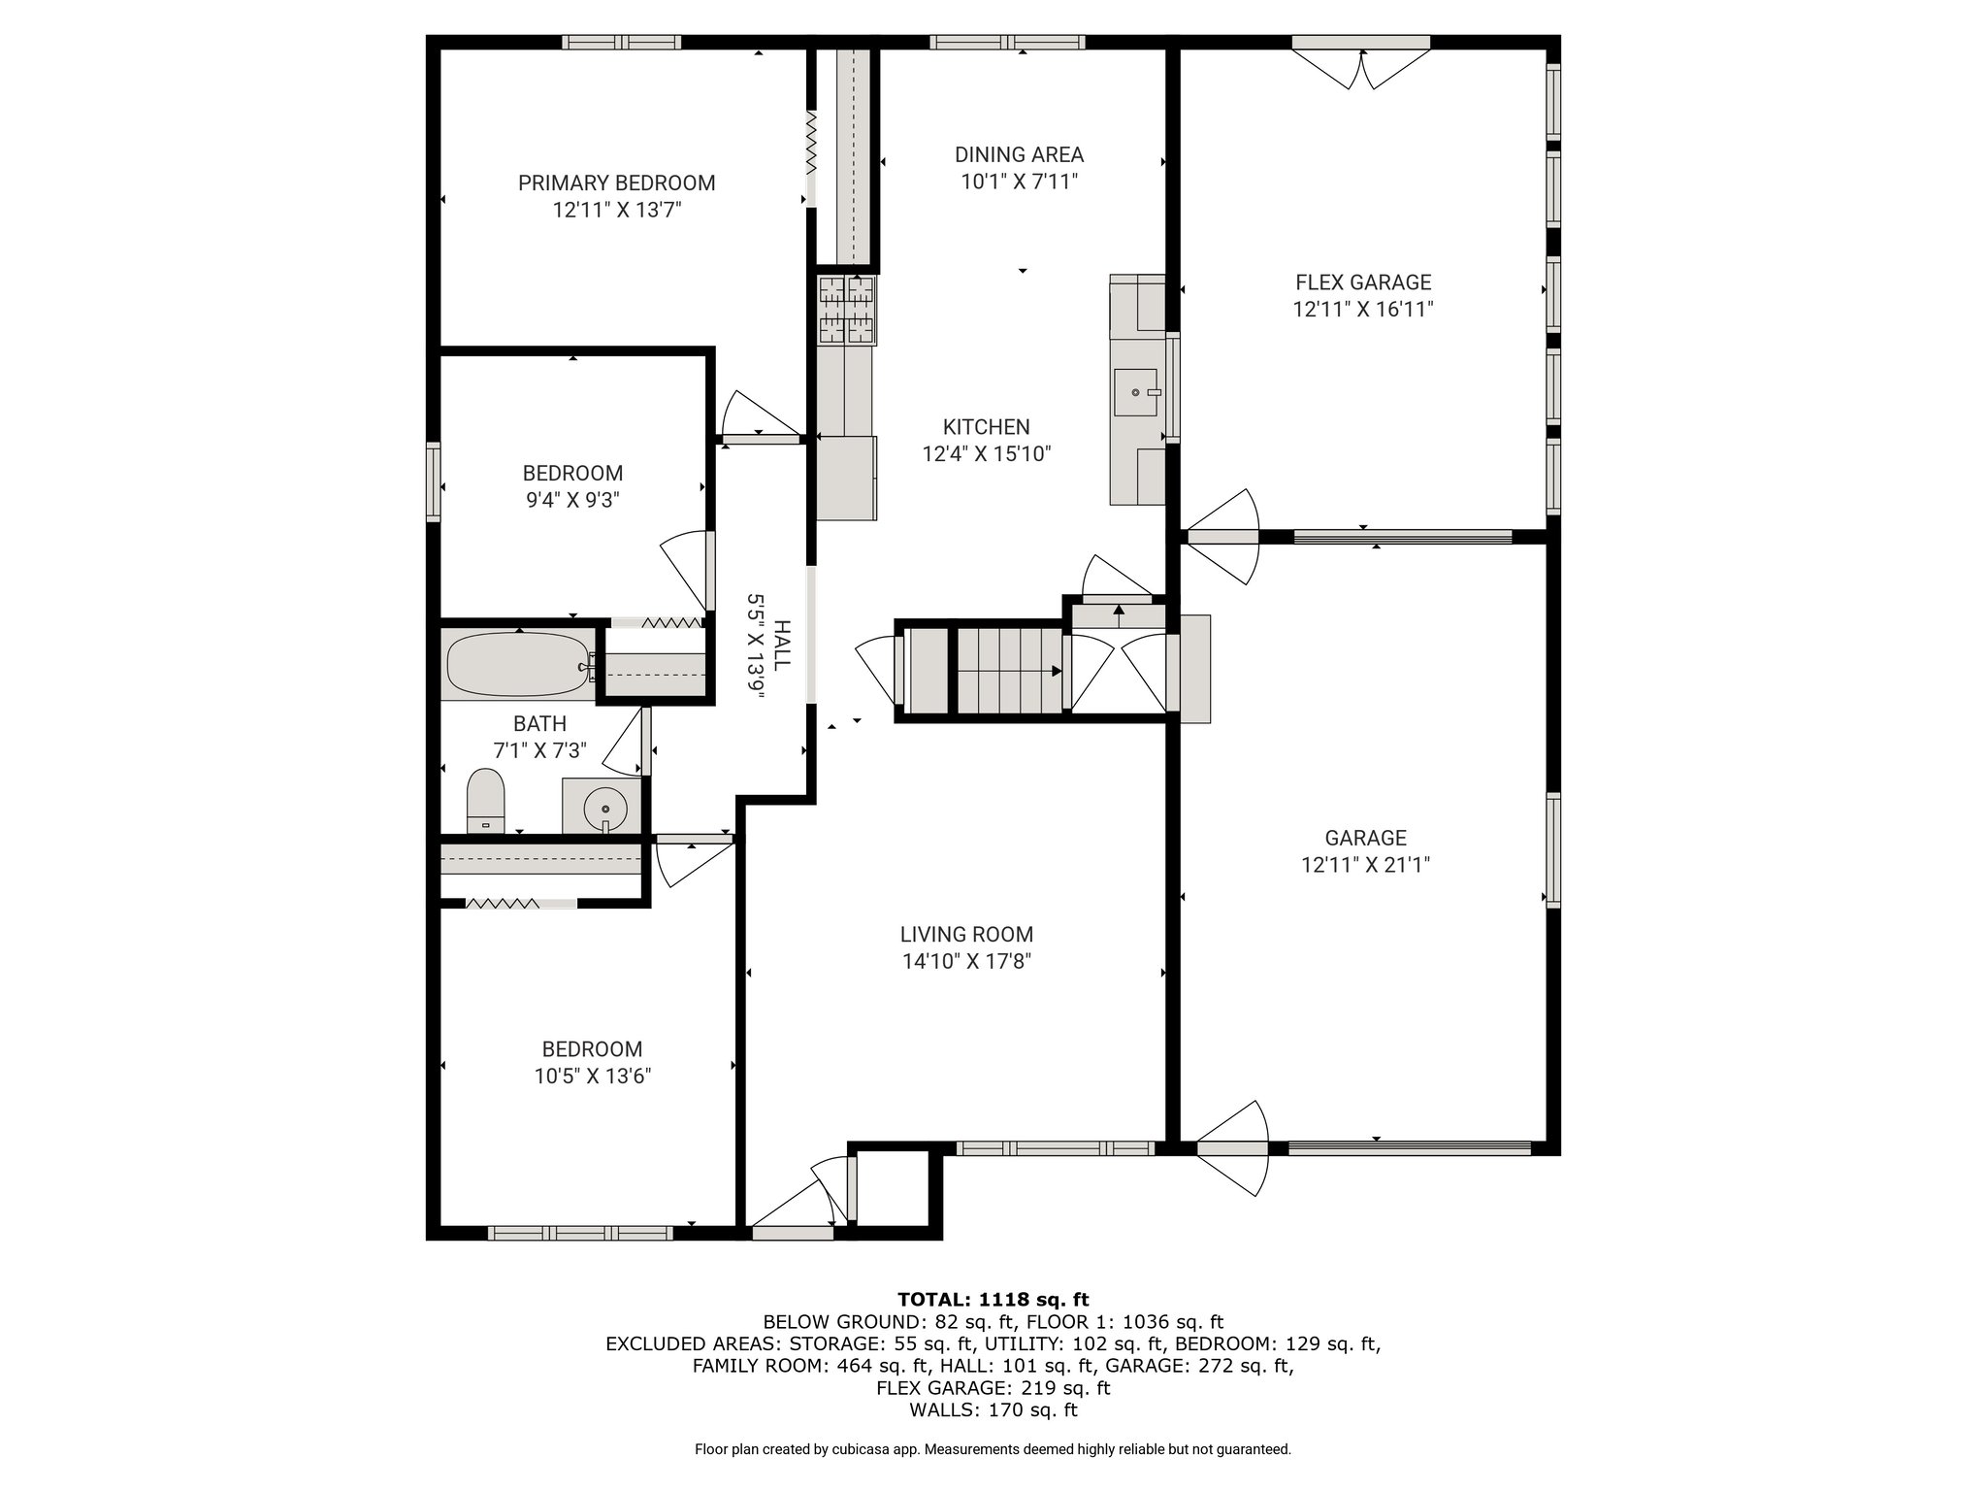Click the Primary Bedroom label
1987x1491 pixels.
[616, 182]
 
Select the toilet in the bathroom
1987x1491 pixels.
[486, 801]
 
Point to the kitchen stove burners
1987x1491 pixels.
[847, 310]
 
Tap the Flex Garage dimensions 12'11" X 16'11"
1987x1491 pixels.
[1363, 310]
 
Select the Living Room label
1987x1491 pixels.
[966, 934]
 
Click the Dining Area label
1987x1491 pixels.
[1019, 154]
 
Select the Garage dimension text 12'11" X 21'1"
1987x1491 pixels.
[1366, 865]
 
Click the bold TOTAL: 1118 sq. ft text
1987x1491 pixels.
[993, 1299]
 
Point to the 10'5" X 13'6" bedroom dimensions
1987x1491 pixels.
[592, 1077]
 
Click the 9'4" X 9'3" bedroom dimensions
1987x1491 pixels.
[572, 500]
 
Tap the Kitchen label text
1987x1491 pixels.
[987, 426]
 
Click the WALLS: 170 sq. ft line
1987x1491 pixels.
[993, 1410]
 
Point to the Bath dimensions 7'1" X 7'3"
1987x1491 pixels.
[539, 750]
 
